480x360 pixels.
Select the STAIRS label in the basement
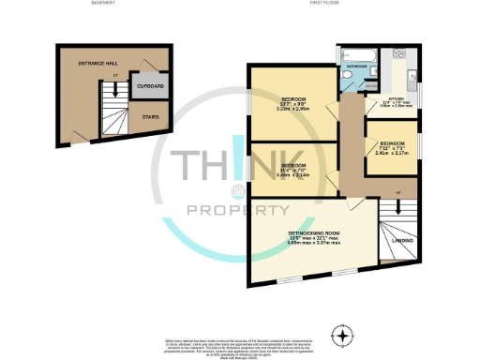(149, 117)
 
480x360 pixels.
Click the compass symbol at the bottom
(344, 335)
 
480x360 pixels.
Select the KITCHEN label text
(397, 98)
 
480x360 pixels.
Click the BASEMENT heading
(103, 5)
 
